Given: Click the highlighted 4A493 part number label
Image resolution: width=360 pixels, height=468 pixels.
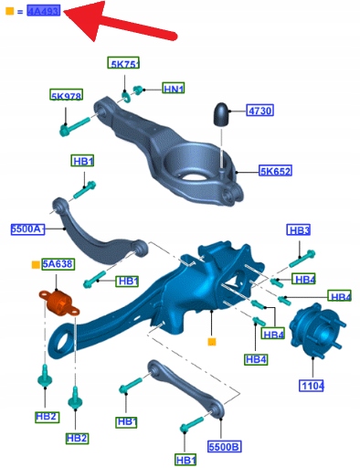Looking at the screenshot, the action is click(x=44, y=11).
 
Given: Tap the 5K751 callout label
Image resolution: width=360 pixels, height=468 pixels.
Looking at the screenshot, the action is click(x=123, y=63).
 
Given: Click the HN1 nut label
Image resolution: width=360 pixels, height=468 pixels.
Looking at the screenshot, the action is click(x=174, y=88).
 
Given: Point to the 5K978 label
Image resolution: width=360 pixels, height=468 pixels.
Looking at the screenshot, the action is click(x=66, y=95).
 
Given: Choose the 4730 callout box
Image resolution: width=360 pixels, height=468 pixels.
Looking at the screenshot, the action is click(x=259, y=111).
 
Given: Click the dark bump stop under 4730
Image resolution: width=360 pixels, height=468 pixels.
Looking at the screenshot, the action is click(x=221, y=114).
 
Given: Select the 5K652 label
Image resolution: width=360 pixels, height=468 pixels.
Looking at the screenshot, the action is click(x=275, y=171).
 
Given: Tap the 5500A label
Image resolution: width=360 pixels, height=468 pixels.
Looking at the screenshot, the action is click(x=27, y=229).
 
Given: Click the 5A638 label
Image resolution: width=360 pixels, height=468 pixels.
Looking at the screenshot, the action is click(x=58, y=264).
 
